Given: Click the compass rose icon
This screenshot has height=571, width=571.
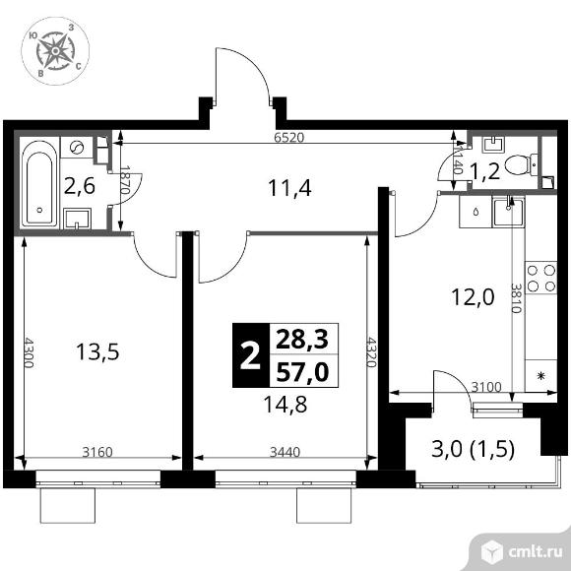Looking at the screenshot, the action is (55, 51).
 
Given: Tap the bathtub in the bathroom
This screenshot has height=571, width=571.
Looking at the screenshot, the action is (39, 183).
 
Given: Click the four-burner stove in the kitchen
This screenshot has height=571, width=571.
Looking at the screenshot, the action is (541, 278).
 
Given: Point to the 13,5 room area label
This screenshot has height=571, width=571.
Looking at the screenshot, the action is (97, 352).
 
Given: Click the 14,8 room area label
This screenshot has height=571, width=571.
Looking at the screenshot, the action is (285, 405).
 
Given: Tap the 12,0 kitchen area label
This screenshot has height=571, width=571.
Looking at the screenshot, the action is (473, 296).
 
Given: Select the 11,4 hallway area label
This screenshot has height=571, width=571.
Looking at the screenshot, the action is (289, 189).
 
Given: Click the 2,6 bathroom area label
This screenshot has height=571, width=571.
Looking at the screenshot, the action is (79, 186).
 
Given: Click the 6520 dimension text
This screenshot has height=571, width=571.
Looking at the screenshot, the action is (288, 138).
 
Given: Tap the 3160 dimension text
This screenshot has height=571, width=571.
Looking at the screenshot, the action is (97, 452).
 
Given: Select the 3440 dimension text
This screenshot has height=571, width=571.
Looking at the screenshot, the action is (285, 452).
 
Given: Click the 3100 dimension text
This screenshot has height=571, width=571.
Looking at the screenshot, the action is (486, 387).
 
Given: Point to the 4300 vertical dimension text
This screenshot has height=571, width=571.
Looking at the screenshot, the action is (28, 352).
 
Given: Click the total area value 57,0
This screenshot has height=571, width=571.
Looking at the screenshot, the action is (302, 372).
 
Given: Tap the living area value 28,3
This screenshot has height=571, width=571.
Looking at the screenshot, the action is (302, 340).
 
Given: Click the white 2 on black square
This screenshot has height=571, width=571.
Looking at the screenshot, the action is (250, 355).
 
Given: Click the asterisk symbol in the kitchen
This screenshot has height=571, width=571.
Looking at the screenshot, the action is (541, 376).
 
